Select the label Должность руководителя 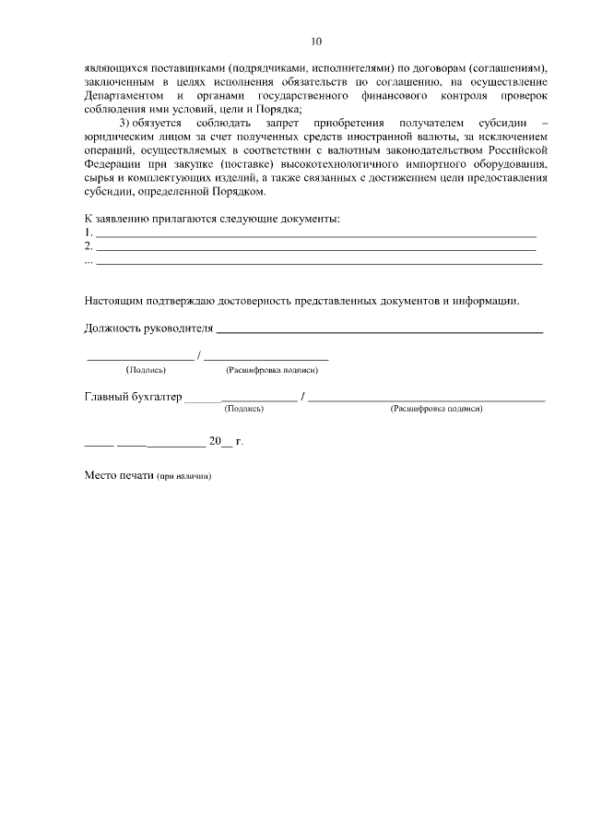coord(148,328)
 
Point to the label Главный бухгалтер coord(133,398)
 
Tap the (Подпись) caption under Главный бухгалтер coord(244,408)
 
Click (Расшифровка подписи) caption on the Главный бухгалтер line coord(436,408)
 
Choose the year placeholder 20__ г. coord(225,441)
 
